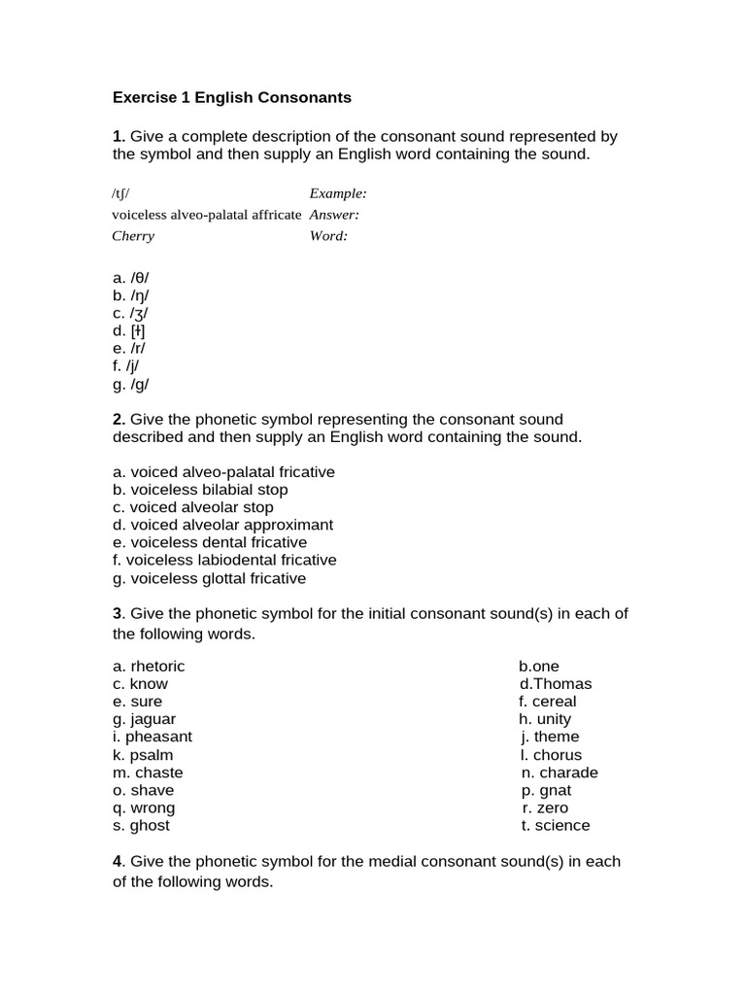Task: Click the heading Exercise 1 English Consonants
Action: click(232, 98)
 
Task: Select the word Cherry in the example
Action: click(133, 236)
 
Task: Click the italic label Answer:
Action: click(334, 215)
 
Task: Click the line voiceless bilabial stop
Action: click(200, 490)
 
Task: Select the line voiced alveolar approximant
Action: click(222, 525)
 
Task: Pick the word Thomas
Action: click(562, 684)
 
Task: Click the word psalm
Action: click(152, 755)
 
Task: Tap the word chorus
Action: click(558, 755)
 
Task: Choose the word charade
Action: click(569, 772)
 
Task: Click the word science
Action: click(562, 826)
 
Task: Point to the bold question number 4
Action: click(118, 861)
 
